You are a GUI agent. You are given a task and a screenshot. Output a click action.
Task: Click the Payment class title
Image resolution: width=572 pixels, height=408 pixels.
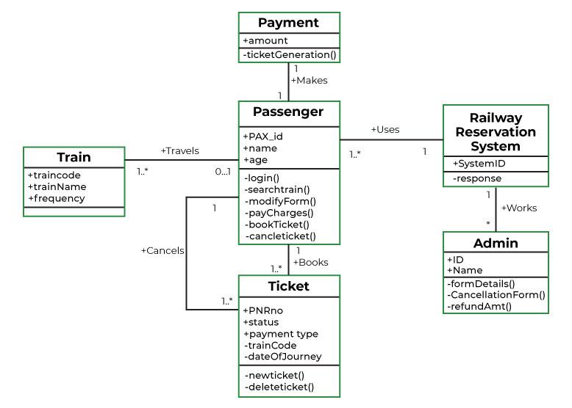(288, 23)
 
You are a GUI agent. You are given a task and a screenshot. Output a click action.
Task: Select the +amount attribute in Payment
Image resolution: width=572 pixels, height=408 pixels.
(265, 41)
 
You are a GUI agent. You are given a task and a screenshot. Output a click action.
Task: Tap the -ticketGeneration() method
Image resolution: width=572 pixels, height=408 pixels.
(289, 54)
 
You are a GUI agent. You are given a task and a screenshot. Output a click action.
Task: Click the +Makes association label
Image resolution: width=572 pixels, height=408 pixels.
(309, 80)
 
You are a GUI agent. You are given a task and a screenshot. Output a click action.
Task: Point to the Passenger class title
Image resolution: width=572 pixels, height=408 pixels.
(288, 112)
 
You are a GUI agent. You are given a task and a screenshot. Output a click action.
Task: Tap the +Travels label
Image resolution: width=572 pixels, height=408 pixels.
(179, 151)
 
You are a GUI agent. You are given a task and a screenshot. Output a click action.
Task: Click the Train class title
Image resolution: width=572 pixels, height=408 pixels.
(74, 157)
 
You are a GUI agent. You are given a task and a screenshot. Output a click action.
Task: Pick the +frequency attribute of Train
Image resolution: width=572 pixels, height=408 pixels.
(54, 199)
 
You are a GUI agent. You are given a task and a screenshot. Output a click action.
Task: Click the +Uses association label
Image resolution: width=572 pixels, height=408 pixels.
(385, 129)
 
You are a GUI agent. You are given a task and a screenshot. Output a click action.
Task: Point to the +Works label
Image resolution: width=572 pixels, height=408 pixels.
(518, 208)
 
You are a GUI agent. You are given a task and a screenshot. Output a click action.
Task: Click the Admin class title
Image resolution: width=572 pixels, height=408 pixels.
(495, 243)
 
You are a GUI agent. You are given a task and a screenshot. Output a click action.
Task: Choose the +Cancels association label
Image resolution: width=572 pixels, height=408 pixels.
(162, 250)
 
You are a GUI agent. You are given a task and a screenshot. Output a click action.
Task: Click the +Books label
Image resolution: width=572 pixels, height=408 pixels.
(310, 262)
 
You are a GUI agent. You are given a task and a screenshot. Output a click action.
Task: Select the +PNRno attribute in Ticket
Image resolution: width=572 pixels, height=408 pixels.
(262, 310)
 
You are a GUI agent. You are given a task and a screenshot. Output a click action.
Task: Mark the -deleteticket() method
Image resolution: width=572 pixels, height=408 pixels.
(279, 387)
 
